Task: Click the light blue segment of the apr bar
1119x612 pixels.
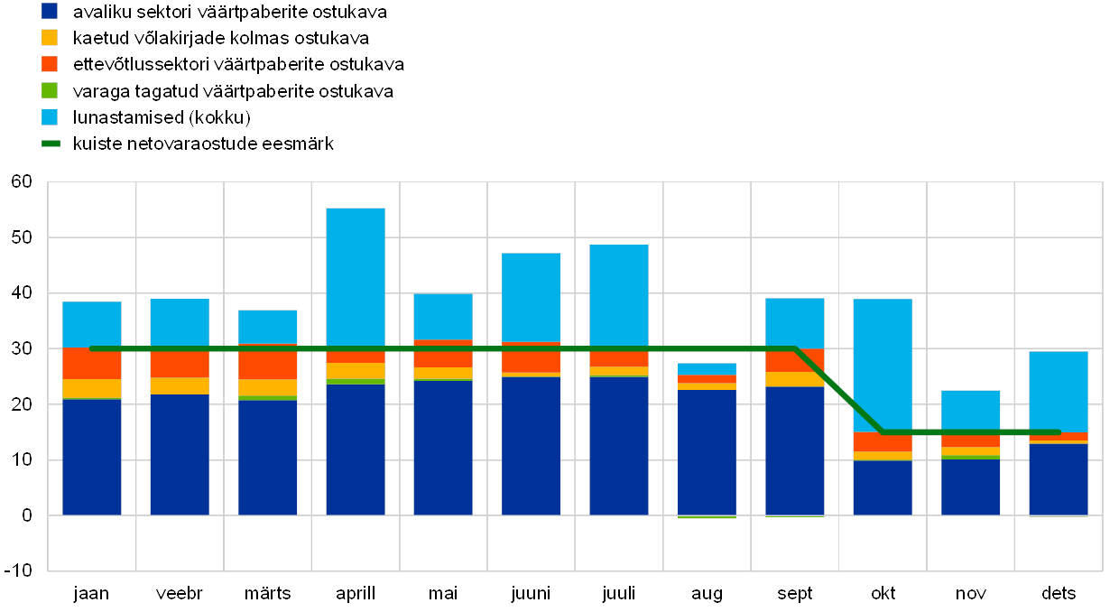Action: tap(355, 275)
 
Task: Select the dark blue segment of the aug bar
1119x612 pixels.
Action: tap(707, 451)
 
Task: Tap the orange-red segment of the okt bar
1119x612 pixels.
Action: tap(882, 441)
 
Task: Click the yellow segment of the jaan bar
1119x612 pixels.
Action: tap(91, 388)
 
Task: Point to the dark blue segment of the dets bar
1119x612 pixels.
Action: tap(1058, 478)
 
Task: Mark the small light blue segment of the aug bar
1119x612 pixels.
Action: tap(707, 368)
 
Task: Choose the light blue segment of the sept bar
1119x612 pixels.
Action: tap(794, 322)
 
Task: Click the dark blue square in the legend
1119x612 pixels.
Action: tap(50, 12)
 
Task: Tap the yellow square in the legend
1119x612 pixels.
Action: tap(50, 38)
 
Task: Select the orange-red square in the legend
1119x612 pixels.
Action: tap(50, 64)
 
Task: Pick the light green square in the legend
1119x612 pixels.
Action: tap(50, 90)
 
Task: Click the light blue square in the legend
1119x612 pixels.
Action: tap(50, 117)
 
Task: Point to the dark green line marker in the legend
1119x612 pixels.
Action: tap(50, 144)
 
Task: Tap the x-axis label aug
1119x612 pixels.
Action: tap(707, 593)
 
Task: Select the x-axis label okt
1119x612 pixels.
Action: tap(882, 593)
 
